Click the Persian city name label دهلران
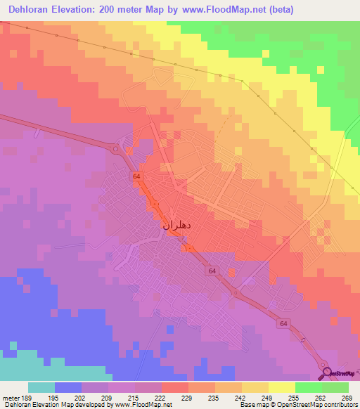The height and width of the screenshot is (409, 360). pos(172,226)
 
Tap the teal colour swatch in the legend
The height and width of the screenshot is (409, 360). pos(41,387)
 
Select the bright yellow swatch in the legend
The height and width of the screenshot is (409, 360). pos(281,387)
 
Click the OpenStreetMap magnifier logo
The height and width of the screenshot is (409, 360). pos(326,373)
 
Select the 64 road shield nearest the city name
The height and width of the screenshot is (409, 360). pos(136,178)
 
